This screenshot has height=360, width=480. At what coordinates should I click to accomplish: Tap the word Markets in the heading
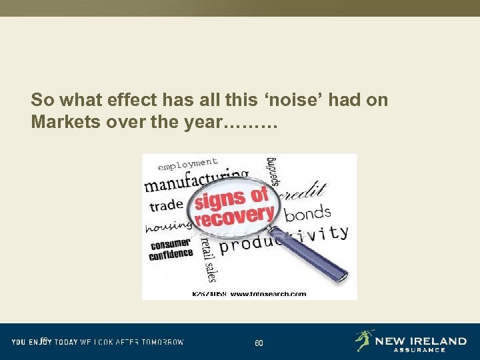[x=62, y=123]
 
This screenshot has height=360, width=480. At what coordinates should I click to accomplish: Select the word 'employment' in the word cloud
[x=189, y=164]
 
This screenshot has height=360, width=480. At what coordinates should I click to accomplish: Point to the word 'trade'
[x=165, y=205]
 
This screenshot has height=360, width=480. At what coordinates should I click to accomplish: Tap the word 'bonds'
[x=307, y=214]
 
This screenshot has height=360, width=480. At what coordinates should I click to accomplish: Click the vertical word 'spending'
[x=271, y=172]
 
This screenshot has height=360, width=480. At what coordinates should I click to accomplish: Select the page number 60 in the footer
[x=259, y=343]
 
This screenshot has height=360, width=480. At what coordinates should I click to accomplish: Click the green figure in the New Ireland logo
[x=364, y=340]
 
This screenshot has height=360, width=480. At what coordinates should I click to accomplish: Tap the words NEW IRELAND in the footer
[x=421, y=341]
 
